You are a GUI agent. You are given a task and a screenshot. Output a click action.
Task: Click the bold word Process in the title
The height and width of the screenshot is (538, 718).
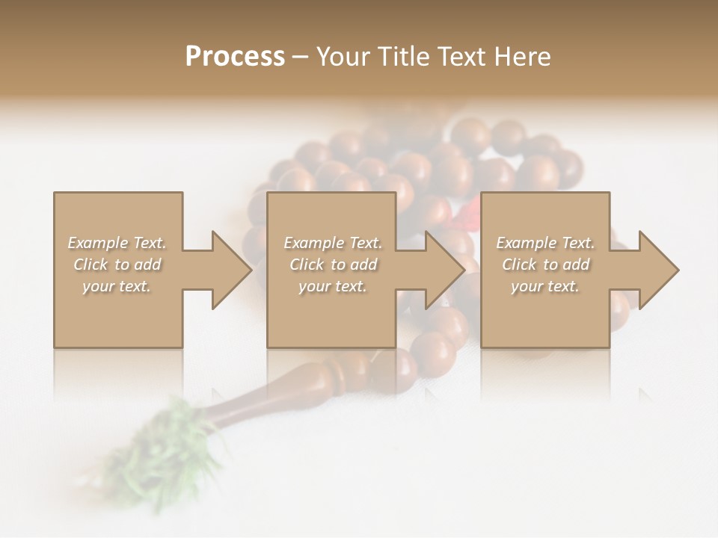[235, 57]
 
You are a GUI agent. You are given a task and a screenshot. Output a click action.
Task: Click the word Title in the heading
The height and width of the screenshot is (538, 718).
[404, 57]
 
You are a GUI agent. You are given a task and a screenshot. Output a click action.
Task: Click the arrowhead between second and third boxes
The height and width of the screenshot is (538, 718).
[444, 270]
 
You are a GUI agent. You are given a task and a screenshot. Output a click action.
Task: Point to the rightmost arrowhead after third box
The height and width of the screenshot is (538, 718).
[658, 270]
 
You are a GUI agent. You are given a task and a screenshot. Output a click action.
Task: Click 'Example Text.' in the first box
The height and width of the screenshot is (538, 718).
[117, 243]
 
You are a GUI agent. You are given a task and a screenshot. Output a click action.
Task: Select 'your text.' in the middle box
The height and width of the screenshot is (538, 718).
[332, 286]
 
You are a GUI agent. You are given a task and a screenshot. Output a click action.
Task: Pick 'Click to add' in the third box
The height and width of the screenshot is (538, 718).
[546, 265]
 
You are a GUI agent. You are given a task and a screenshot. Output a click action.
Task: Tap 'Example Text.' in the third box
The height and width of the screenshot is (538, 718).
[545, 243]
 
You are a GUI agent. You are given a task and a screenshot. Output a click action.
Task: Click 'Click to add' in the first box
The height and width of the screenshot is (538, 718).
[117, 265]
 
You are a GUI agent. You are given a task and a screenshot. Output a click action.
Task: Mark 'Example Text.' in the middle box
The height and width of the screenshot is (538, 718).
[333, 243]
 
